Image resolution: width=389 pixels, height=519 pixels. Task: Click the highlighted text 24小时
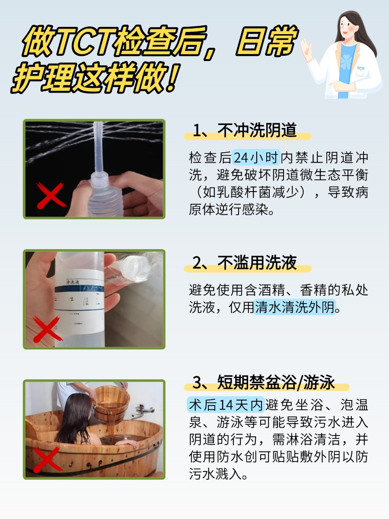(x=257, y=158)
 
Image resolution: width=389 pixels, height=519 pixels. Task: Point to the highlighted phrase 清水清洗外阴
(x=295, y=308)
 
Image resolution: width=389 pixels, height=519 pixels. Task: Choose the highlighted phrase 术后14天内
(x=226, y=405)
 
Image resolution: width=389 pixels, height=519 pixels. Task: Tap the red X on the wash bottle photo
(x=46, y=330)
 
